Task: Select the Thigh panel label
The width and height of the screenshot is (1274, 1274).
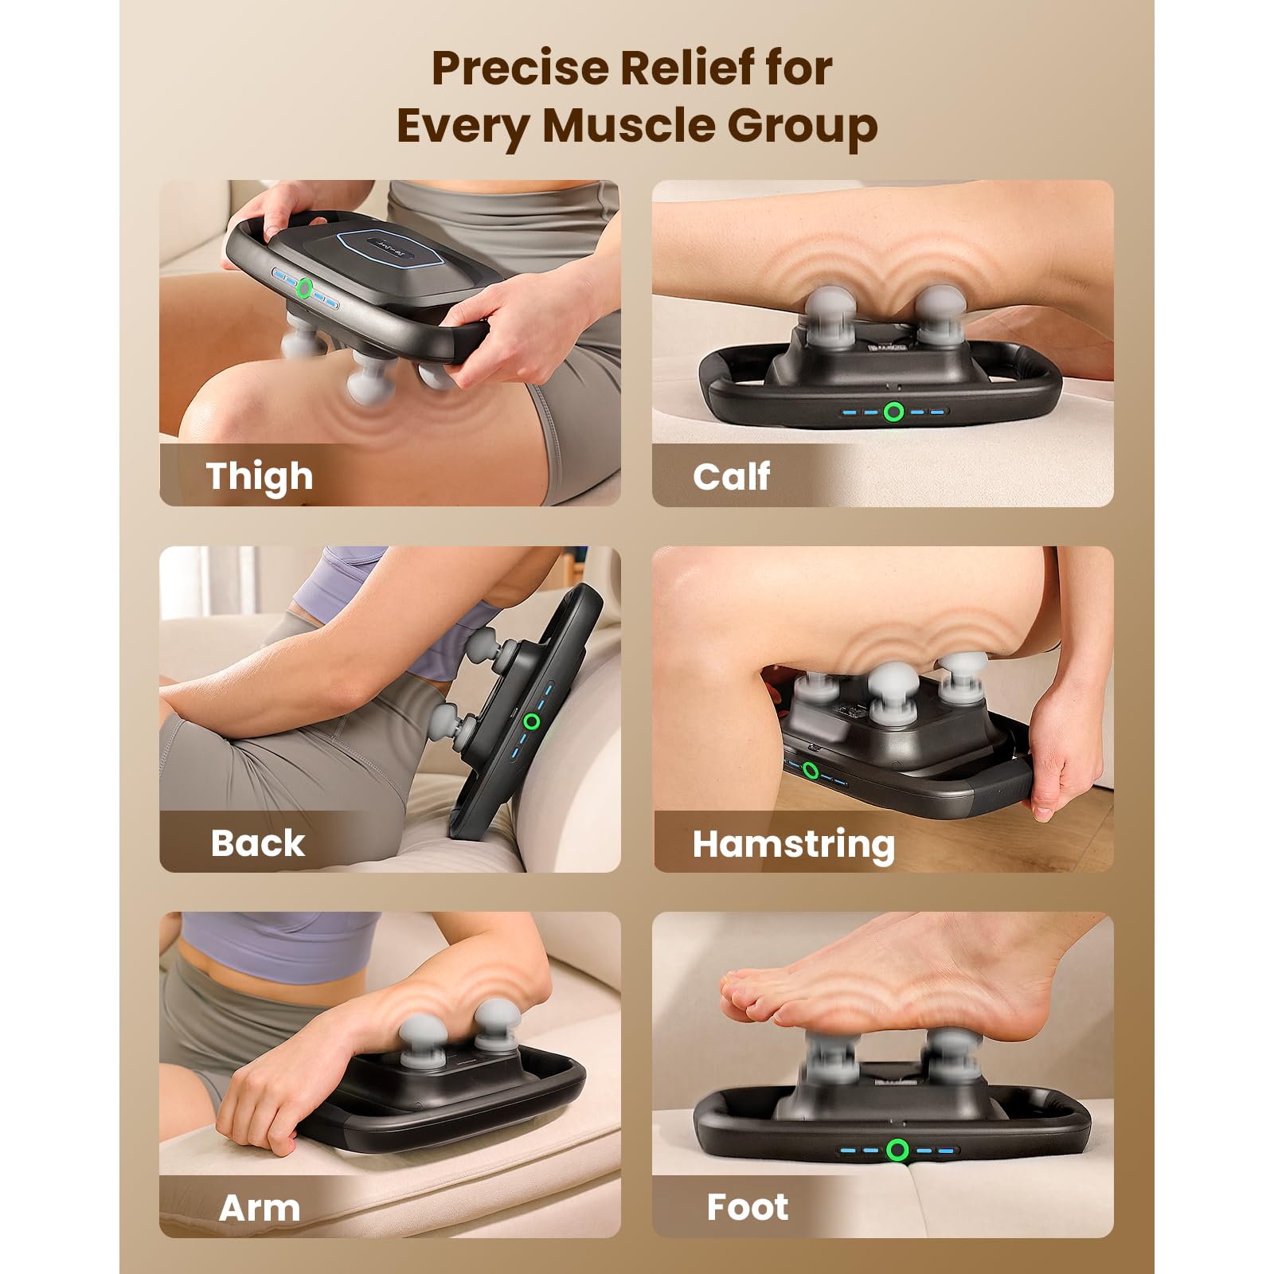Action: pyautogui.click(x=260, y=476)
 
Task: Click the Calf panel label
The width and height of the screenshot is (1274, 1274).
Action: pyautogui.click(x=732, y=476)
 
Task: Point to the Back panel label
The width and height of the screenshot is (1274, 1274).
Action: pyautogui.click(x=257, y=842)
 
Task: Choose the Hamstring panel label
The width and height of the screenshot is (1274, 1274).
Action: pyautogui.click(x=794, y=845)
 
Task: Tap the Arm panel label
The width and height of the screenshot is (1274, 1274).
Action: pyautogui.click(x=260, y=1208)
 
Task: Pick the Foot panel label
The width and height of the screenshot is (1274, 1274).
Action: pyautogui.click(x=748, y=1207)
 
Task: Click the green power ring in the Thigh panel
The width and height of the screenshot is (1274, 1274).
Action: pyautogui.click(x=303, y=288)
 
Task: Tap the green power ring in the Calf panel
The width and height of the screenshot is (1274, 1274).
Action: pyautogui.click(x=894, y=412)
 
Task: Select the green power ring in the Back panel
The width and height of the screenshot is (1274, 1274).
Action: pyautogui.click(x=532, y=721)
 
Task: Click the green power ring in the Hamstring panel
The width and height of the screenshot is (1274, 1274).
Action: pyautogui.click(x=811, y=770)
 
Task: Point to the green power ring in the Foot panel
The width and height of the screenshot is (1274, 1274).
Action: pyautogui.click(x=898, y=1149)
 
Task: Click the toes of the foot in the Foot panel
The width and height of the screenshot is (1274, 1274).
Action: pyautogui.click(x=756, y=995)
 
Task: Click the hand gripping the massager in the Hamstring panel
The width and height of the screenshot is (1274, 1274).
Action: pyautogui.click(x=1067, y=748)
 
